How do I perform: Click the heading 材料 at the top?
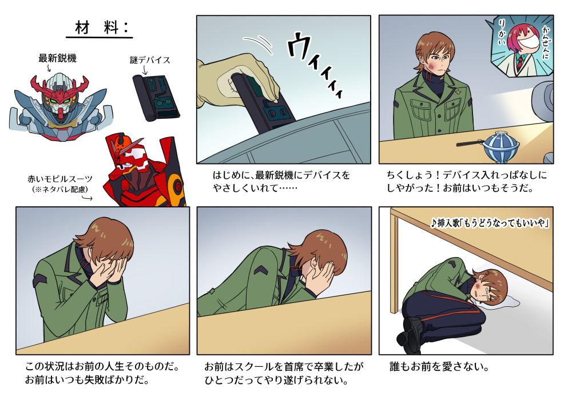pyautogui.click(x=100, y=27)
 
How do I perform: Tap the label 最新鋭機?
pyautogui.click(x=57, y=58)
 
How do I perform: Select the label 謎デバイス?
pyautogui.click(x=150, y=60)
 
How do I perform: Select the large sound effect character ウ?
pyautogui.click(x=303, y=49)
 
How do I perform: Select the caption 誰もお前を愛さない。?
pyautogui.click(x=439, y=366)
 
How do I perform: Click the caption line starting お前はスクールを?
pyautogui.click(x=284, y=366)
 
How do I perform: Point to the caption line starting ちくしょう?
pyautogui.click(x=467, y=174)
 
